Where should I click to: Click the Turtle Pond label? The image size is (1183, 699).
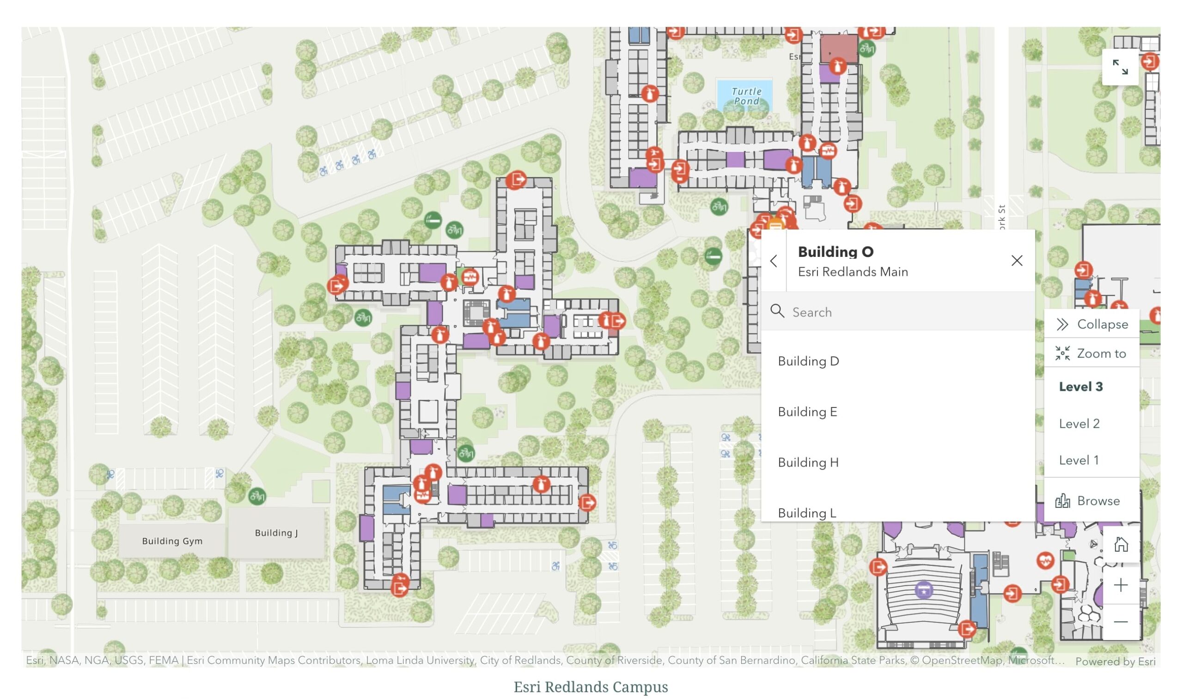point(747,96)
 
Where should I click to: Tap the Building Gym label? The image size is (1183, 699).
point(172,541)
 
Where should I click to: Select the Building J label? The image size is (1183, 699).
point(276,533)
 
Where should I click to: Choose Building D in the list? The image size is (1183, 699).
point(808,361)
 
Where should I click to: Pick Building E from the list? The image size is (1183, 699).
point(807,412)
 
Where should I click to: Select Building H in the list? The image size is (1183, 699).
point(808,462)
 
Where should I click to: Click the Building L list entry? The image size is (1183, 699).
point(807,512)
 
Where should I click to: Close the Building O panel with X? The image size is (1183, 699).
point(1017,261)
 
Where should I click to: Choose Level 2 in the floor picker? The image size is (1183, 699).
point(1079,424)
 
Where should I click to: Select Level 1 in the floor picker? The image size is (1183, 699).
point(1079,460)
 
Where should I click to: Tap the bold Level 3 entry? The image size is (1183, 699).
point(1081,387)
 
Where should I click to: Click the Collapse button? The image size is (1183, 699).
point(1092,324)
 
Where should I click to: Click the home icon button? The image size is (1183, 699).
point(1121,545)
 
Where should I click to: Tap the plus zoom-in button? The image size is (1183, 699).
point(1121,585)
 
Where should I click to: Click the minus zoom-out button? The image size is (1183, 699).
point(1121,622)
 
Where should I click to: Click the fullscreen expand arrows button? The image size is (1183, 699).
point(1120,67)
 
